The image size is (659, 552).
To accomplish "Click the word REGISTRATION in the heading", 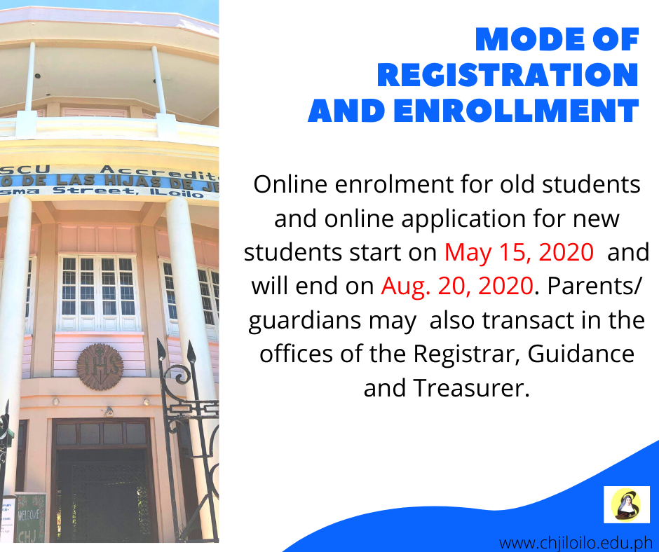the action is pyautogui.click(x=508, y=75).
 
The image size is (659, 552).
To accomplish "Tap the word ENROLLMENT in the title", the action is pyautogui.click(x=516, y=111).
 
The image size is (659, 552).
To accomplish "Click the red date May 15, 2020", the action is pyautogui.click(x=519, y=252).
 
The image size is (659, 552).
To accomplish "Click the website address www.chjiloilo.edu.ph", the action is pyautogui.click(x=576, y=543).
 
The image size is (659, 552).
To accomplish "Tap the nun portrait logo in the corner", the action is pyautogui.click(x=626, y=504).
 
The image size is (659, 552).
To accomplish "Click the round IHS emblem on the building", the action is pyautogui.click(x=100, y=366).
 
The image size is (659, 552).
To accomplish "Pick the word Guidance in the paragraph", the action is pyautogui.click(x=580, y=354).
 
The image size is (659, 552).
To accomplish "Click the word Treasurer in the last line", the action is pyautogui.click(x=470, y=388).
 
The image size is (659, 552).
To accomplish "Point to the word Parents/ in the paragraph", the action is pyautogui.click(x=595, y=287).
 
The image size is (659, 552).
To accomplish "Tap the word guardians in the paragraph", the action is pyautogui.click(x=305, y=321).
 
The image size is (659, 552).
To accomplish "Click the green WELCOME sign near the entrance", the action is pyautogui.click(x=29, y=518).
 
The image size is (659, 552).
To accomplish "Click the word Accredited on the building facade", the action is pyautogui.click(x=159, y=172).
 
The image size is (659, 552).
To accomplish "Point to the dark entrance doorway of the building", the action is pyautogui.click(x=102, y=496).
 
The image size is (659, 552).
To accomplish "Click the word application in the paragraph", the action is pyautogui.click(x=463, y=219).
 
